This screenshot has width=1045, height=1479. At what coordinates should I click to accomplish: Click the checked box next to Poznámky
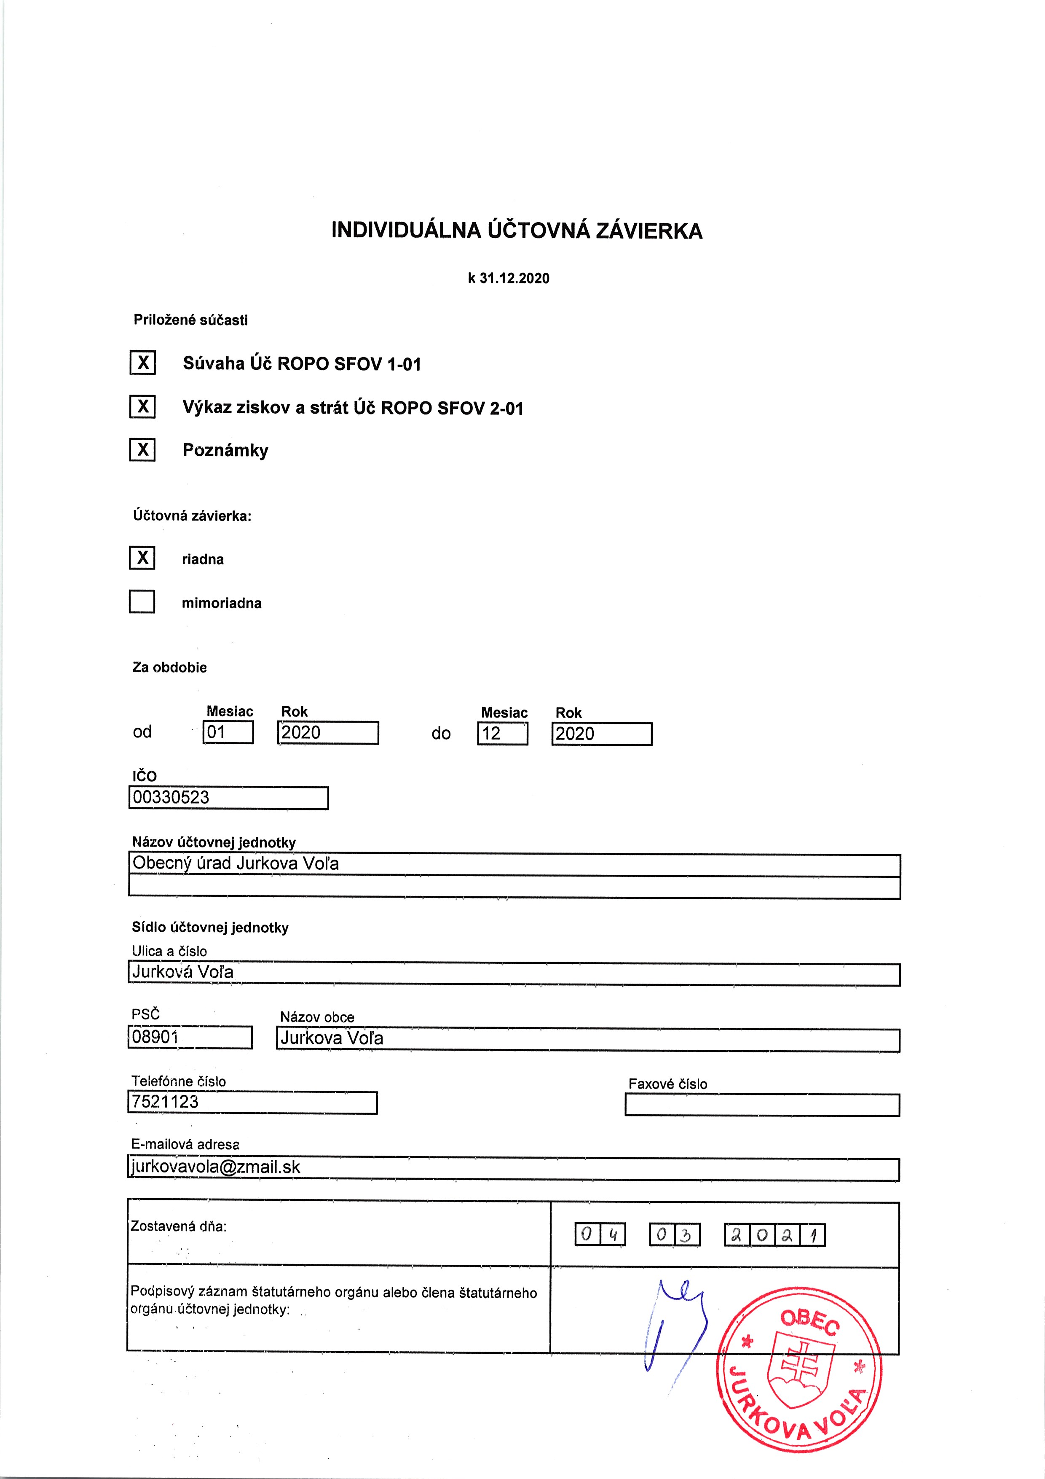click(x=142, y=449)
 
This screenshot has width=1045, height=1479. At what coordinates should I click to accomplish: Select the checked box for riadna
click(x=142, y=558)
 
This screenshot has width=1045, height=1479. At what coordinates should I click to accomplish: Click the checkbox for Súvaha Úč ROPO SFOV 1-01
click(x=142, y=363)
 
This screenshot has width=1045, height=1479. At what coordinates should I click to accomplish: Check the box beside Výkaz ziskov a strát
click(x=142, y=406)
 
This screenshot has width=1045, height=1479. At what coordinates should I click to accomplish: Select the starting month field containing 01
click(x=228, y=732)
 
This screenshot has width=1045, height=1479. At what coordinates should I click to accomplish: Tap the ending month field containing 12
click(x=502, y=734)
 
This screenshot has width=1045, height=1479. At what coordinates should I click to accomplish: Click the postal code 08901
click(x=155, y=1037)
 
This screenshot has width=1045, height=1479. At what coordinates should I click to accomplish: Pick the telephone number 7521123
click(x=166, y=1102)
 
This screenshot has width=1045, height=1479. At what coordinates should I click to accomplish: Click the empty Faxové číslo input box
click(x=762, y=1105)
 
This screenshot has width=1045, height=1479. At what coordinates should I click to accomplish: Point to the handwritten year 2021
click(x=774, y=1235)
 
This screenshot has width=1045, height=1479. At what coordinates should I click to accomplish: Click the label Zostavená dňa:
click(x=179, y=1226)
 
